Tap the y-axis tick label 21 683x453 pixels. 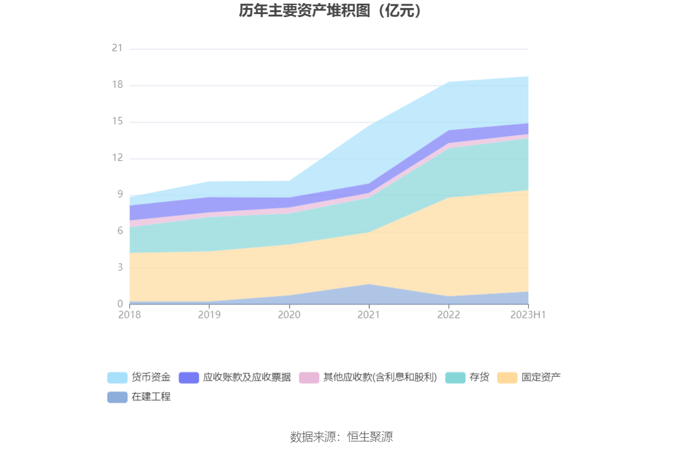pyautogui.click(x=117, y=48)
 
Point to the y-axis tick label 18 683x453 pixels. pyautogui.click(x=117, y=85)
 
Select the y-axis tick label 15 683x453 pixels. pyautogui.click(x=117, y=121)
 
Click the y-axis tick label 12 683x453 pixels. pyautogui.click(x=117, y=158)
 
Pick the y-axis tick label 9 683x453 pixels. pyautogui.click(x=119, y=194)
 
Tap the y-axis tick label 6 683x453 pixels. pyautogui.click(x=119, y=231)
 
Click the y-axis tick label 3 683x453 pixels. pyautogui.click(x=119, y=267)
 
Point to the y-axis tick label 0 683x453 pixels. pyautogui.click(x=119, y=304)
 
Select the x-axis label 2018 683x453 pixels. pyautogui.click(x=129, y=315)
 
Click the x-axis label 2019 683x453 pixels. pyautogui.click(x=209, y=315)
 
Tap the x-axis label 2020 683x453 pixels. pyautogui.click(x=289, y=315)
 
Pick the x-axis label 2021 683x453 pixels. pyautogui.click(x=369, y=315)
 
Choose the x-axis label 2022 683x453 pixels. pyautogui.click(x=448, y=315)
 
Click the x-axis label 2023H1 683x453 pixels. pyautogui.click(x=528, y=315)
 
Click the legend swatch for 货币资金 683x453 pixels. pyautogui.click(x=117, y=377)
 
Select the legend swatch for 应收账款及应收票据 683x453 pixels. pyautogui.click(x=189, y=377)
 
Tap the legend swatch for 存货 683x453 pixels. pyautogui.click(x=455, y=377)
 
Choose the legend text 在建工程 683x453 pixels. pyautogui.click(x=151, y=397)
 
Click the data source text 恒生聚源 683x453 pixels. pyautogui.click(x=370, y=437)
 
